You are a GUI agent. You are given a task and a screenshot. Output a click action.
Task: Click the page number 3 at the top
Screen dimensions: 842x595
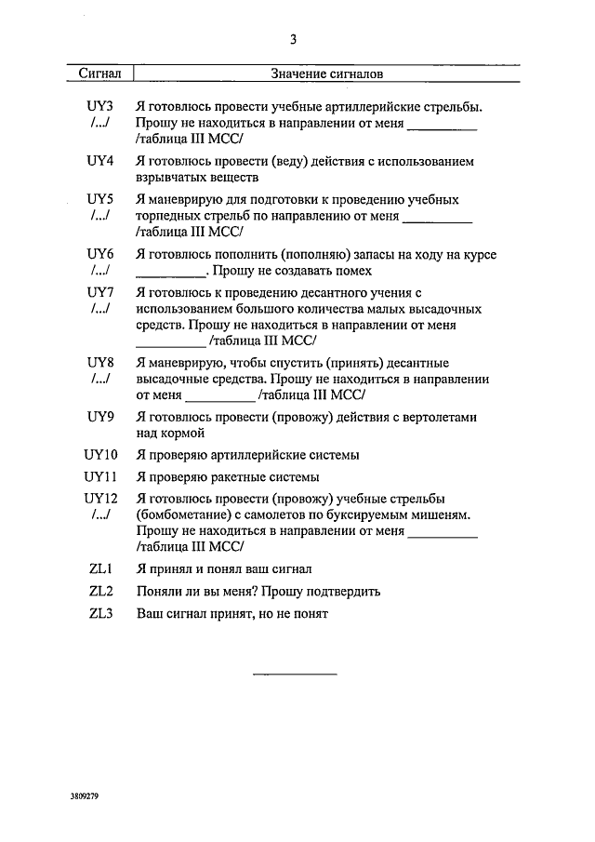tap(293, 39)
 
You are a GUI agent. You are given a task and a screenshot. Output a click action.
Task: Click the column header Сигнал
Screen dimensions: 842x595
tap(100, 73)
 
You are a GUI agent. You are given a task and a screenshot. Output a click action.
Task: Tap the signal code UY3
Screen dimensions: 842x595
tap(99, 107)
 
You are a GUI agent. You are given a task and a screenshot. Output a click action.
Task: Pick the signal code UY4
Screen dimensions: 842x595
tap(99, 161)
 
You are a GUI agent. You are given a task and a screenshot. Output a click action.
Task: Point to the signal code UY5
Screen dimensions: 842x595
tap(99, 199)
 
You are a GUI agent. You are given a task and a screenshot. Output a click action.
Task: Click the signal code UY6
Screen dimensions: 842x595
tap(99, 254)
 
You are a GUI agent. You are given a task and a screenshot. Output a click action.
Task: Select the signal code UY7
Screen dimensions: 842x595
tap(99, 292)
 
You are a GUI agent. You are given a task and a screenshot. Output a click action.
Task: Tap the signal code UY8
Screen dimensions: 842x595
tap(99, 362)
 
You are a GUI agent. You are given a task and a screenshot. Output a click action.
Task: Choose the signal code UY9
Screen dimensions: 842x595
tap(99, 417)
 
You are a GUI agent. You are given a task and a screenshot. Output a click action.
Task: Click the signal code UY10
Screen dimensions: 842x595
tap(99, 455)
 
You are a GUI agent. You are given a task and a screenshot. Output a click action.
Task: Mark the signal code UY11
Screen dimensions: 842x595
tap(99, 476)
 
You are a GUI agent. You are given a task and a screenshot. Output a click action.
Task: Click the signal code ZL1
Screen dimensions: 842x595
tap(100, 568)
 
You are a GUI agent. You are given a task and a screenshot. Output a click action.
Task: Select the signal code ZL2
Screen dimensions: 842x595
tap(100, 591)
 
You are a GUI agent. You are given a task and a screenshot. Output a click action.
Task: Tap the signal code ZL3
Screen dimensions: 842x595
tap(100, 613)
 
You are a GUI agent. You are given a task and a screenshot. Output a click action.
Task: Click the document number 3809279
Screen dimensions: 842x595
tap(84, 797)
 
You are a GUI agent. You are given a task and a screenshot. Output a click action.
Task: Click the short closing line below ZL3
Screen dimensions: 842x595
tap(295, 673)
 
